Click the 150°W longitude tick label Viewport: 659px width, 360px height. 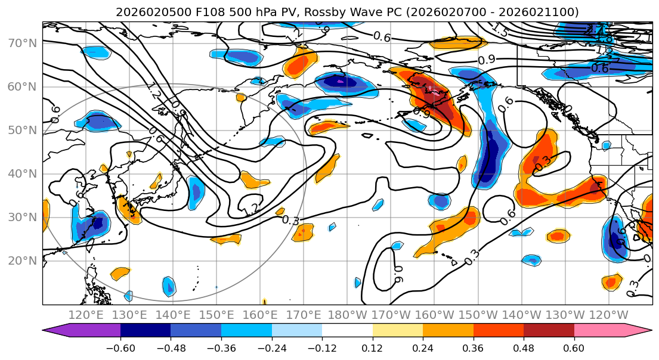[x=478, y=315]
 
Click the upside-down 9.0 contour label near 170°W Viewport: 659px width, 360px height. [x=399, y=274]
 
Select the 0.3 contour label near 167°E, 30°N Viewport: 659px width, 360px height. [x=290, y=220]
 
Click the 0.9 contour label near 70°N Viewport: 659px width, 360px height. [x=487, y=60]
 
